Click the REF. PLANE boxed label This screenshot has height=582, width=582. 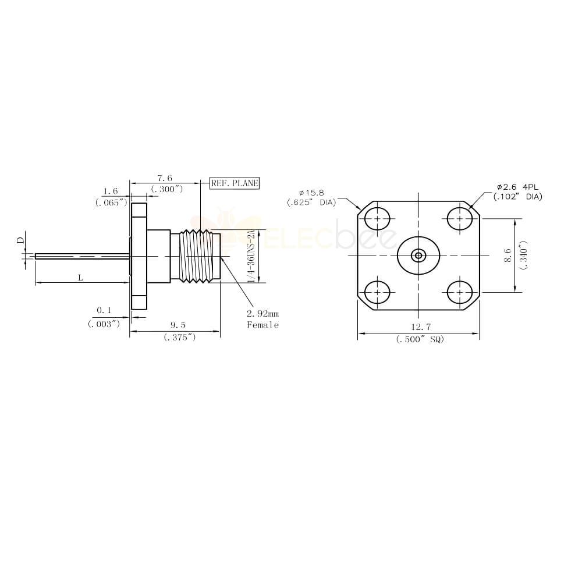pyautogui.click(x=235, y=183)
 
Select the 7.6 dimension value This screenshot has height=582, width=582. pyautogui.click(x=165, y=179)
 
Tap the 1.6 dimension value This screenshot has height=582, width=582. pyautogui.click(x=111, y=191)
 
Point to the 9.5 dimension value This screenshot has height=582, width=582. pyautogui.click(x=178, y=325)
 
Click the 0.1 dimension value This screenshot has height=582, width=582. pyautogui.click(x=104, y=310)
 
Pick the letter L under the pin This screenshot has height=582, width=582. pyautogui.click(x=80, y=277)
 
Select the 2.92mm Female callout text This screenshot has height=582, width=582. pyautogui.click(x=263, y=320)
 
